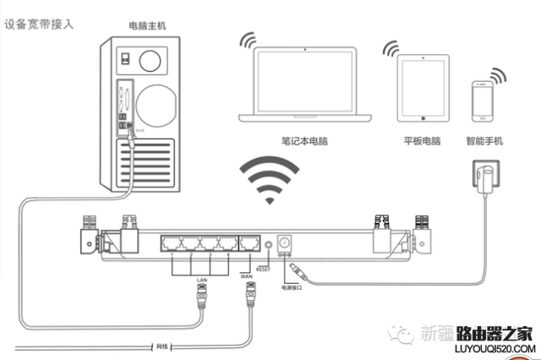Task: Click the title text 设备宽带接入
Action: pyautogui.click(x=39, y=24)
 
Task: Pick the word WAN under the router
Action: pyautogui.click(x=247, y=274)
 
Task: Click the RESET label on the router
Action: pyautogui.click(x=262, y=269)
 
